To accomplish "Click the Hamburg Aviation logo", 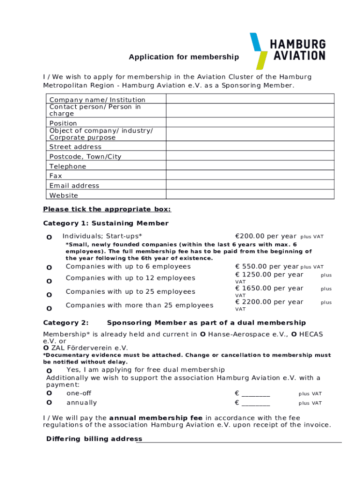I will pos(288,50).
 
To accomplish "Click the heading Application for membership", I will pos(184,57).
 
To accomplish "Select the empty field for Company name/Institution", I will pos(250,99).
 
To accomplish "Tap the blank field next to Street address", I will pos(250,146).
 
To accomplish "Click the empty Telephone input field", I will pos(250,166).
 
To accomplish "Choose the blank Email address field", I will pos(250,185).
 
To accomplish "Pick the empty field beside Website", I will pos(250,195).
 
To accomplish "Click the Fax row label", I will pos(56,176).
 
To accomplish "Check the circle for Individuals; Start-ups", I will pos(49,237).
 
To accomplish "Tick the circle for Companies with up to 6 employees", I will pos(49,268).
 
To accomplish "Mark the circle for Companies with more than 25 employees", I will pos(49,309).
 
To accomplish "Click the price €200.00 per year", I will pos(266,236).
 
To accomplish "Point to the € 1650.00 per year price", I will pos(269,288).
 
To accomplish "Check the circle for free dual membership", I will pos(49,371).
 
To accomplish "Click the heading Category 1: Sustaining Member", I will pos(106,223).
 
